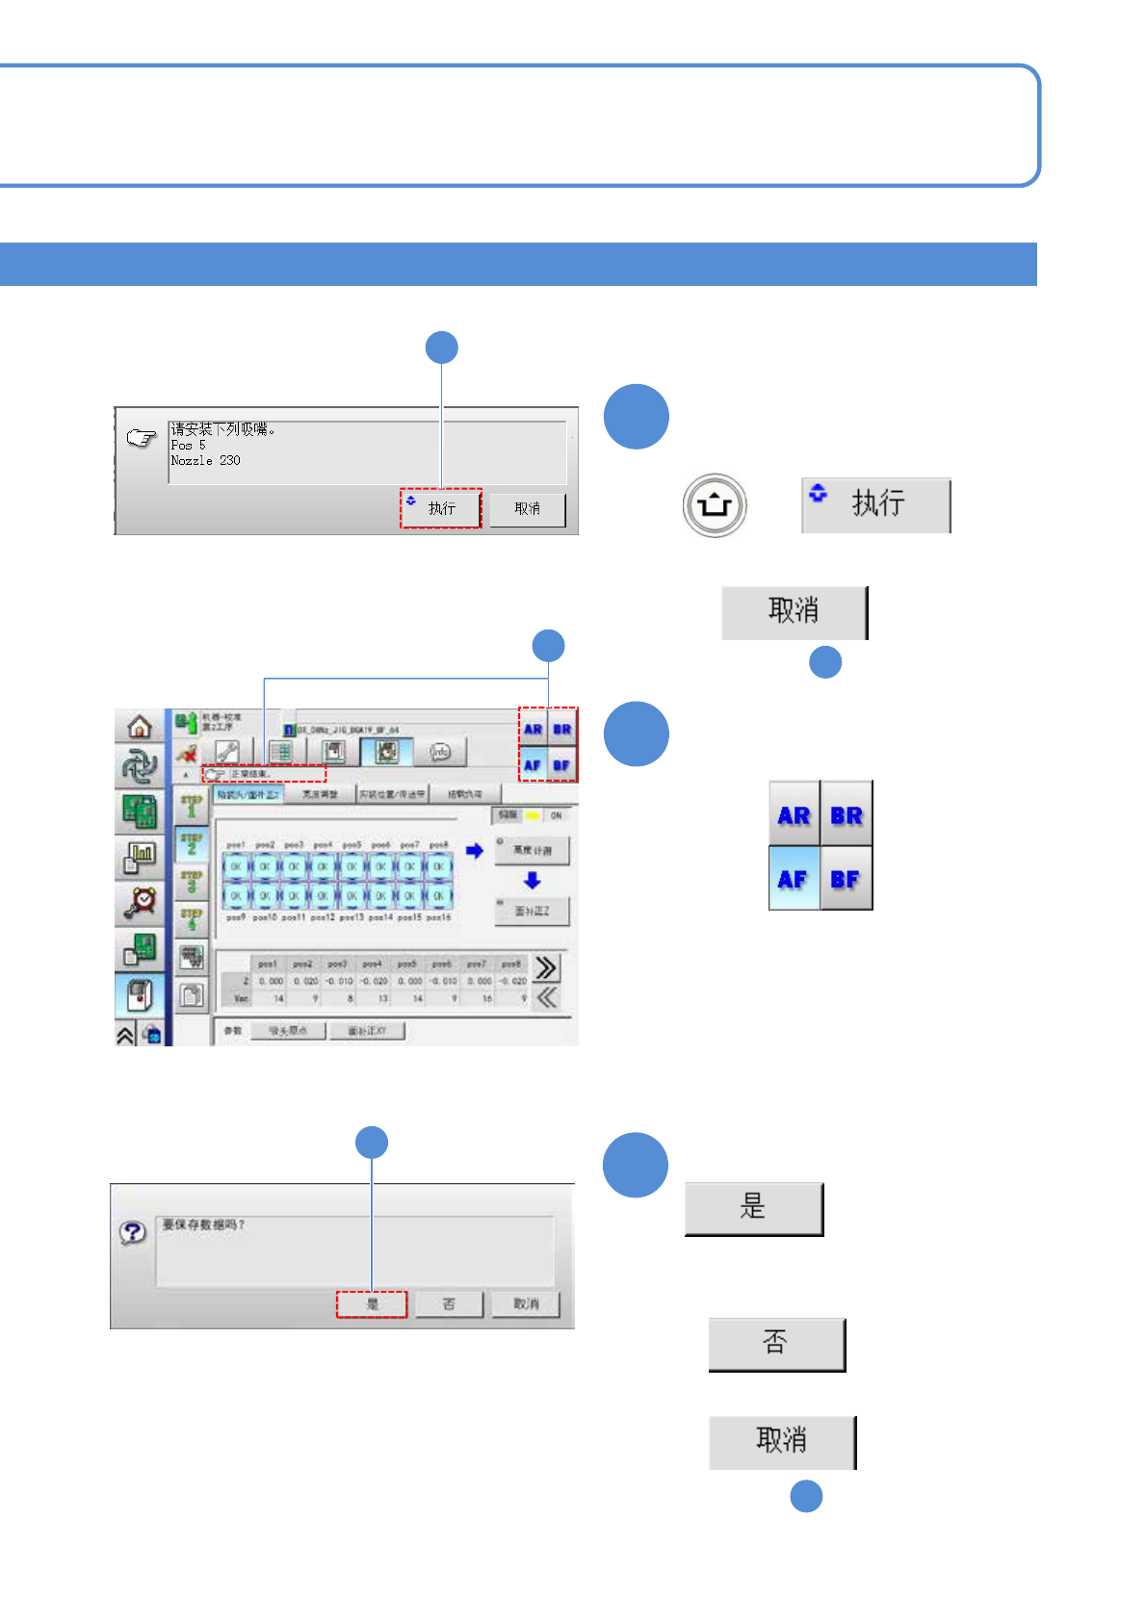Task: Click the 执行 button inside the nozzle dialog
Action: click(441, 508)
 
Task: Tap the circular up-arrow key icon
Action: click(715, 504)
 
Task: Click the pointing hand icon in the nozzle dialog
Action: click(141, 439)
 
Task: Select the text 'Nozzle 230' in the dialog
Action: click(205, 461)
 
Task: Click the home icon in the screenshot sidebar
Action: click(140, 727)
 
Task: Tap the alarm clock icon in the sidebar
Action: click(141, 901)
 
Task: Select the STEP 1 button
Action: click(192, 805)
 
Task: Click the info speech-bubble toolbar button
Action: click(440, 752)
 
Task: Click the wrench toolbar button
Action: click(227, 752)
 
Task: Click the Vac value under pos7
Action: click(486, 999)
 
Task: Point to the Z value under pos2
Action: click(305, 982)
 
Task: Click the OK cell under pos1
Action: click(236, 866)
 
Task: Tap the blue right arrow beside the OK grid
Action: click(474, 851)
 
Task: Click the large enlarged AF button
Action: click(794, 879)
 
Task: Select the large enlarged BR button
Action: click(846, 815)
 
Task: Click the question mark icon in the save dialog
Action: click(133, 1232)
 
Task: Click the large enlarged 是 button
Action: click(753, 1208)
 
